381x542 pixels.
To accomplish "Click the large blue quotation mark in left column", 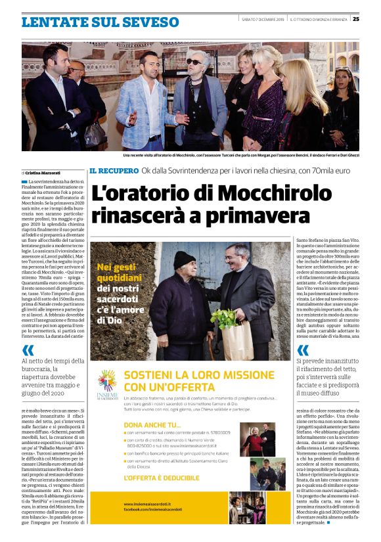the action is tap(28, 350).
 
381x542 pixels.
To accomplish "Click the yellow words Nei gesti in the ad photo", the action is tap(116, 267).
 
